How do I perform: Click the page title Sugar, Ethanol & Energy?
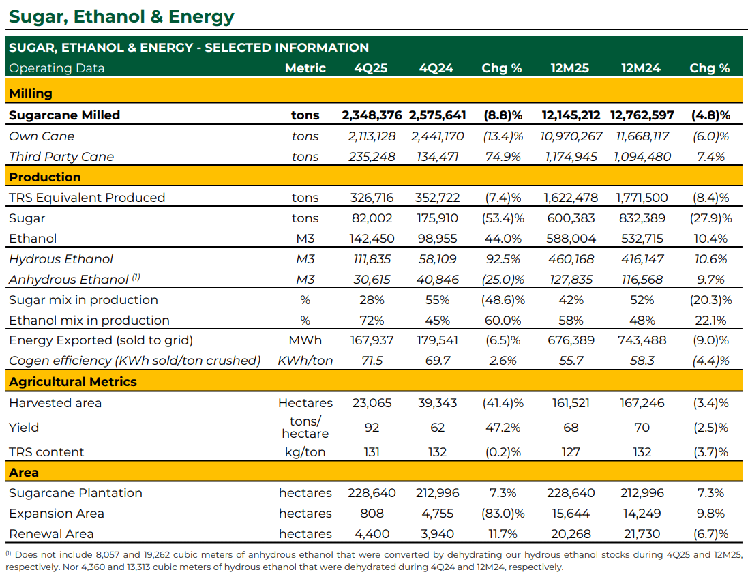pos(121,16)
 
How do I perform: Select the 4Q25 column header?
pos(371,68)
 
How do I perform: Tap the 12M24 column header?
pos(641,68)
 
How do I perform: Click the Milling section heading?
pos(31,93)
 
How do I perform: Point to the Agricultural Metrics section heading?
pos(73,381)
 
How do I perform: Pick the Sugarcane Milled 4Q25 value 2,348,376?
pos(372,115)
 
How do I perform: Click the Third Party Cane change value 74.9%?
pos(503,157)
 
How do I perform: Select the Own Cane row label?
pos(42,136)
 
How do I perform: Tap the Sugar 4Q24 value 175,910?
pos(438,218)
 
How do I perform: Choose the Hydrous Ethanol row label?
pos(61,259)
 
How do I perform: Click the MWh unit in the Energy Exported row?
pos(305,340)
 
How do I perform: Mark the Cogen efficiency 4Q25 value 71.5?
pos(372,361)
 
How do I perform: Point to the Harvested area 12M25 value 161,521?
pos(571,404)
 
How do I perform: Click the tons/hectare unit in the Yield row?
pos(305,428)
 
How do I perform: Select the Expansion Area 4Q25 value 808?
pos(372,514)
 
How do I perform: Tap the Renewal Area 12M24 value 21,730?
pos(642,534)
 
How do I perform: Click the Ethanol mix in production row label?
pos(89,321)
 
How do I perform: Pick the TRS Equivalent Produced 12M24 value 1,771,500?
pos(642,198)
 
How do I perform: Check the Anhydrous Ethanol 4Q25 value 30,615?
pos(372,280)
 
